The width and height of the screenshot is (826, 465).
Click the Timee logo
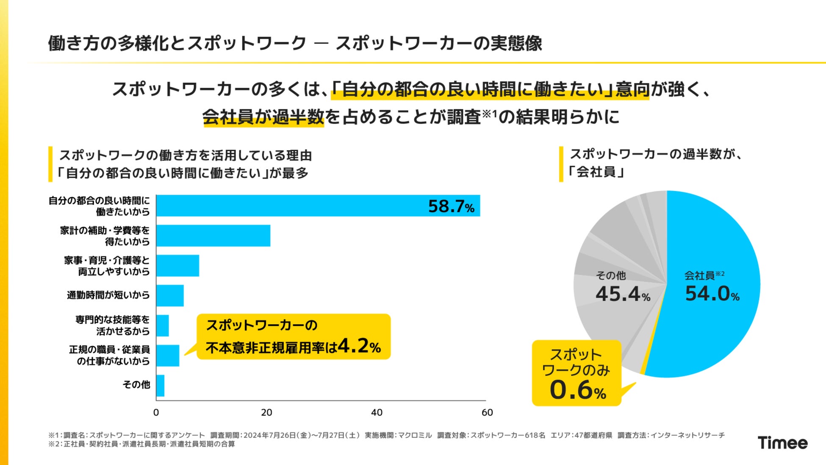tap(782, 443)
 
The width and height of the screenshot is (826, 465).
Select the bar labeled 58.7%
tap(318, 206)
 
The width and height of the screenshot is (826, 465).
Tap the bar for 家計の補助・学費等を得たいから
tap(213, 236)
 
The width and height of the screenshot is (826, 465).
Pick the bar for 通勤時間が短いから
tap(170, 296)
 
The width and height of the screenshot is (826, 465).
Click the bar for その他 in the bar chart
tap(161, 386)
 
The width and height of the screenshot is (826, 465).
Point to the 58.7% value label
tap(451, 207)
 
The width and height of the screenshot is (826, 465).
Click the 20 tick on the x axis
tap(266, 412)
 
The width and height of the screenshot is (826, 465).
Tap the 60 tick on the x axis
tap(487, 412)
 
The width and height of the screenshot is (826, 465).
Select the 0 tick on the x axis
tap(156, 412)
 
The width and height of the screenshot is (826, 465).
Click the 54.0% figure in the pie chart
tap(712, 294)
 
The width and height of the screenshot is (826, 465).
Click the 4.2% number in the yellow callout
tap(359, 346)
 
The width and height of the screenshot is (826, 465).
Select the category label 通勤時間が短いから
tap(108, 295)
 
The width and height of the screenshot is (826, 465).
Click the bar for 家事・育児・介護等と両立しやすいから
tap(177, 266)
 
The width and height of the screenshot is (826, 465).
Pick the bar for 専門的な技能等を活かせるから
tap(163, 326)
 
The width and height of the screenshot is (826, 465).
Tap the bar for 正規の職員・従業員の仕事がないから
tap(168, 356)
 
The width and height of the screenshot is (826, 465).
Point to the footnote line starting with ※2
tap(141, 444)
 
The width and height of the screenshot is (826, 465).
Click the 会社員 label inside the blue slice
tap(700, 276)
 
